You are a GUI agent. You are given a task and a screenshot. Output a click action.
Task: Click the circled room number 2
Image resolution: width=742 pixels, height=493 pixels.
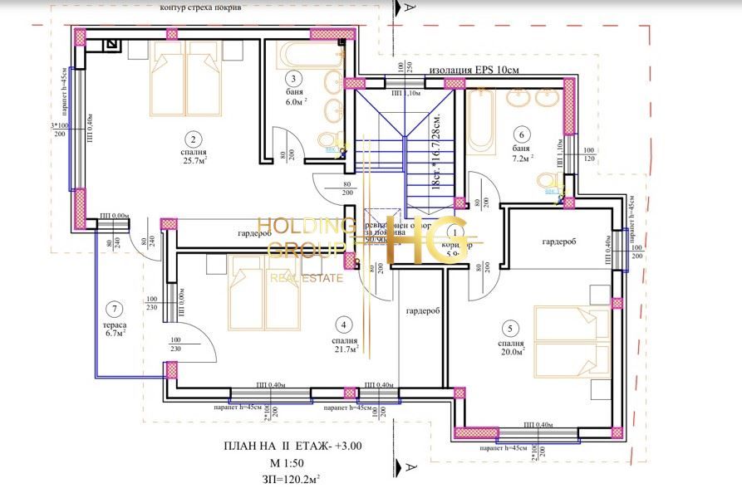192,139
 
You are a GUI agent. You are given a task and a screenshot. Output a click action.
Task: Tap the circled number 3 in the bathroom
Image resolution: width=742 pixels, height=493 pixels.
294,79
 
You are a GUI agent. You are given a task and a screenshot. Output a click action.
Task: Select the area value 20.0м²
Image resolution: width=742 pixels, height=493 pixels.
513,353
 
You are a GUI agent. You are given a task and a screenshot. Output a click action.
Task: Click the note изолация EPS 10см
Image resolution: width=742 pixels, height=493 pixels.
474,71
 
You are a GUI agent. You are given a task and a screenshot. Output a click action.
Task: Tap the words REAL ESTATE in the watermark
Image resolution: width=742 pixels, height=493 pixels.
306,278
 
